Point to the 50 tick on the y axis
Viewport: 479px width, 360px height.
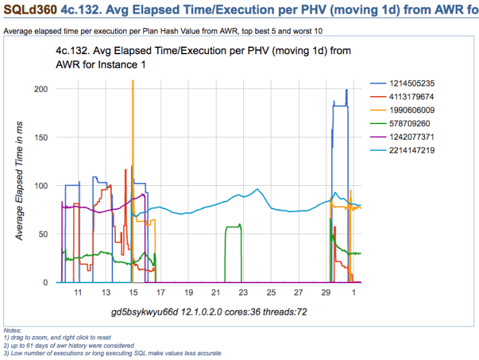point(43,234)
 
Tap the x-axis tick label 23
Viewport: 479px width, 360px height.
point(243,293)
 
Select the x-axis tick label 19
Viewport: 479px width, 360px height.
point(188,293)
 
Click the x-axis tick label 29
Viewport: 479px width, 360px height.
point(326,293)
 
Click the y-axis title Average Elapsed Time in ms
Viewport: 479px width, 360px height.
point(20,185)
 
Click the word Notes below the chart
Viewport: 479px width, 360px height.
point(12,331)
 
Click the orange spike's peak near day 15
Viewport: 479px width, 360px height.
point(132,81)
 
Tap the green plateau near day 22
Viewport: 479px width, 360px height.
point(233,226)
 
